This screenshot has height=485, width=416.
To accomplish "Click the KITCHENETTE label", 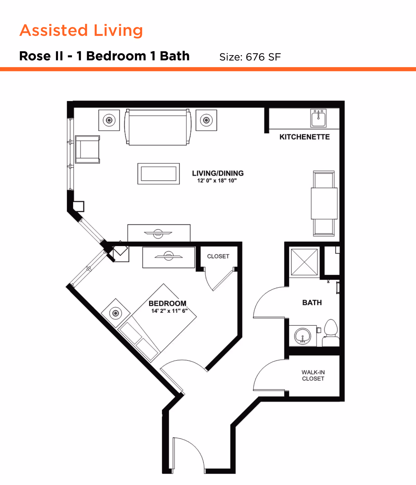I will point(304,137).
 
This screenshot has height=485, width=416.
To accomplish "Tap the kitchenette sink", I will point(318,118).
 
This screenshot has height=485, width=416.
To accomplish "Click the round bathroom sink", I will point(302,336).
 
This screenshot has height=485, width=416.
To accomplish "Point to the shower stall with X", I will point(304,262).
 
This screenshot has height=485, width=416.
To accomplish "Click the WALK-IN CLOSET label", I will point(313,375).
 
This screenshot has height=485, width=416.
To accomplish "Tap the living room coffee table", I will point(159,174).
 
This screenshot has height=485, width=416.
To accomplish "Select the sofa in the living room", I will point(158,127).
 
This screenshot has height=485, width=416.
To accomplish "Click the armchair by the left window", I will point(87,149).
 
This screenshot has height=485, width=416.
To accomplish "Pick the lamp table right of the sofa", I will point(206,120).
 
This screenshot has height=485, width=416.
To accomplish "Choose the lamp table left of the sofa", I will point(109,120).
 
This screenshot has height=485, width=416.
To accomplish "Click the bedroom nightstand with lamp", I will point(116,313).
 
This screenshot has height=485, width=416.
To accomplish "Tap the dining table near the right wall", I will point(324,203).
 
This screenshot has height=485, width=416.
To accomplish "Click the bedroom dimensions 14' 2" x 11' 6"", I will point(169,311).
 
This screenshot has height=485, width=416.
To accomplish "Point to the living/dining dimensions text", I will point(217,181).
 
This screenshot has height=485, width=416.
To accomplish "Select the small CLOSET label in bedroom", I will point(218,256).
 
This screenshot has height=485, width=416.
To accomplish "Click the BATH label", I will point(312,303).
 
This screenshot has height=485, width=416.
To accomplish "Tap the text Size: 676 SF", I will point(250,57).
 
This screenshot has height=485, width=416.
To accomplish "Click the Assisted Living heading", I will point(81,30).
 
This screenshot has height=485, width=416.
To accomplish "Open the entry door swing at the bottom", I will point(188,455).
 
